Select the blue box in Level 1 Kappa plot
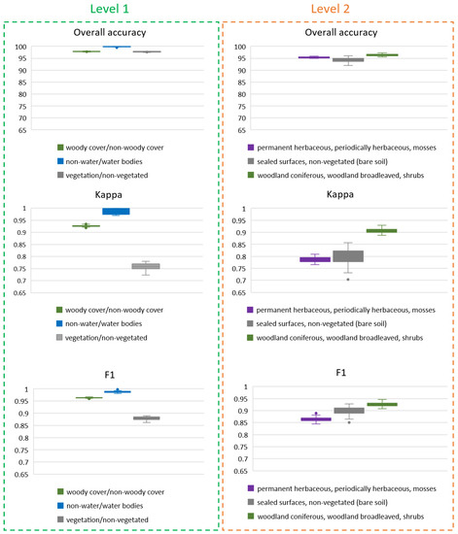(x=116, y=211)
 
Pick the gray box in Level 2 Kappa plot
(x=347, y=256)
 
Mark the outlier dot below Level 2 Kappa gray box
(x=347, y=279)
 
